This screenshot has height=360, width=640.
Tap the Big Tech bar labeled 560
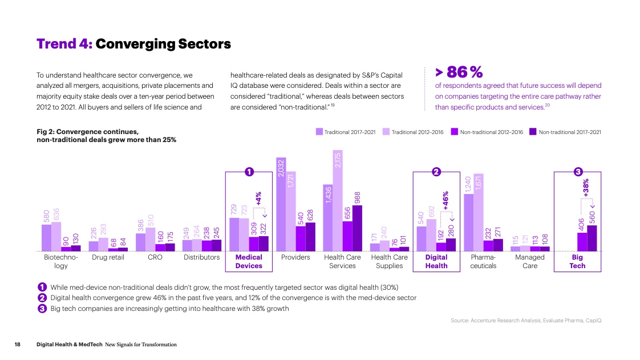[592, 238]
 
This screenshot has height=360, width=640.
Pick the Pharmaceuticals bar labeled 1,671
[478, 212]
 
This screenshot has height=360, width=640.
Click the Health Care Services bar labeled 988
[357, 228]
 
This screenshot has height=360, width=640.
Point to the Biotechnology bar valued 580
[46, 237]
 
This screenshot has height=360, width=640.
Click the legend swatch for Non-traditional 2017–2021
[533, 132]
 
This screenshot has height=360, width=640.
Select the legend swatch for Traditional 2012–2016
[386, 132]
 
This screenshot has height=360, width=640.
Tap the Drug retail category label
[108, 257]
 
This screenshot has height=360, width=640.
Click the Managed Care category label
[530, 261]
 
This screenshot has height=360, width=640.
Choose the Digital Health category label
[436, 261]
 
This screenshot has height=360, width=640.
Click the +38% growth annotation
[586, 188]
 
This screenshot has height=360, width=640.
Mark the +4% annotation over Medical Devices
[258, 198]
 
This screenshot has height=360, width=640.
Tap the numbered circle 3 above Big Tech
[578, 171]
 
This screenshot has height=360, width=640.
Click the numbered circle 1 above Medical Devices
[249, 171]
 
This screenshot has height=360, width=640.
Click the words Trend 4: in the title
[64, 44]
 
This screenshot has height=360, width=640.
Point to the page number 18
[18, 345]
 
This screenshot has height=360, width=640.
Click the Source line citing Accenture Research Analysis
[525, 321]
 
